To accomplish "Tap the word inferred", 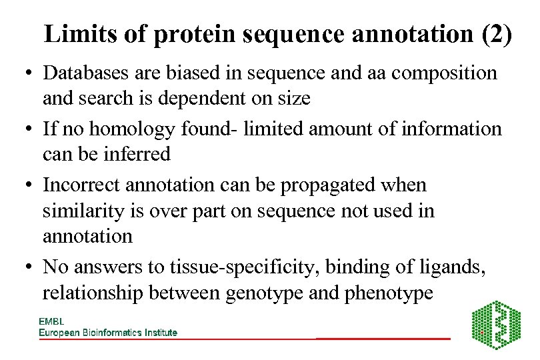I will (135, 154).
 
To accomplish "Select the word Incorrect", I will (86, 185).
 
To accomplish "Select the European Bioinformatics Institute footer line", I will (108, 333).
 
